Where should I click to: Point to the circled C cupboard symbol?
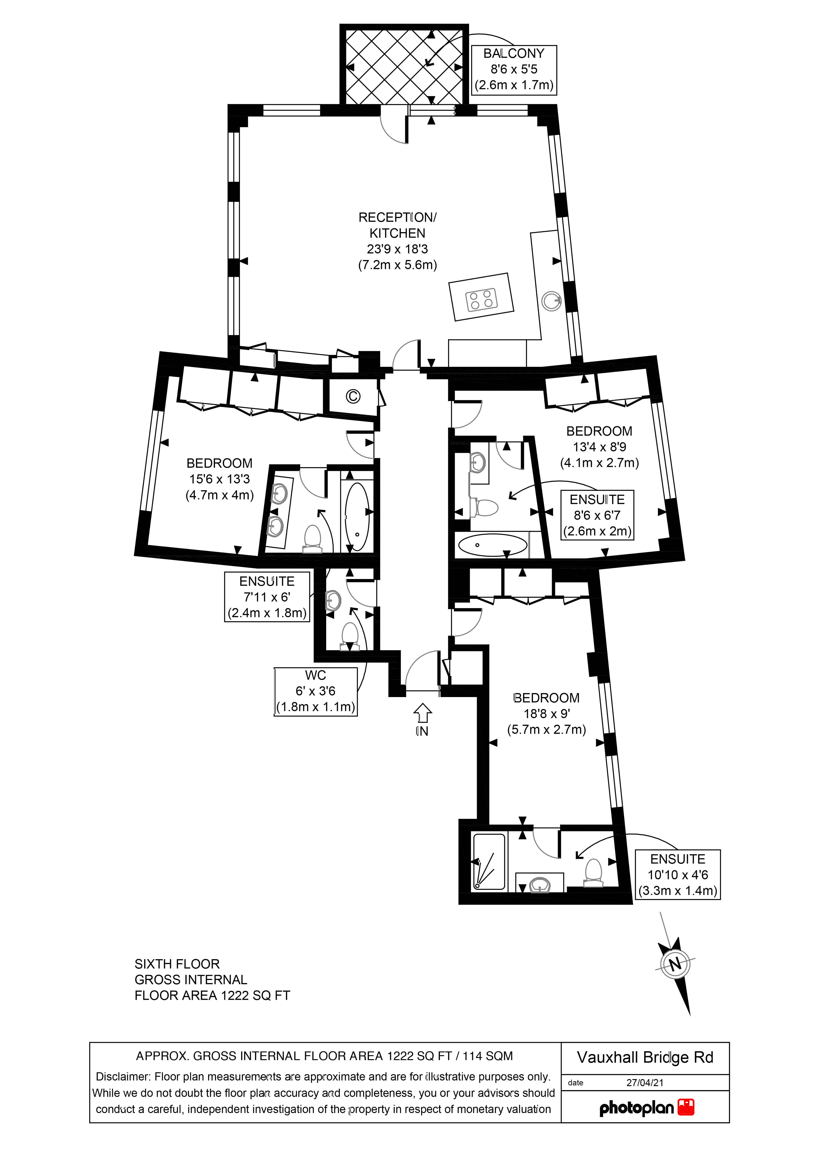point(353,396)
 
